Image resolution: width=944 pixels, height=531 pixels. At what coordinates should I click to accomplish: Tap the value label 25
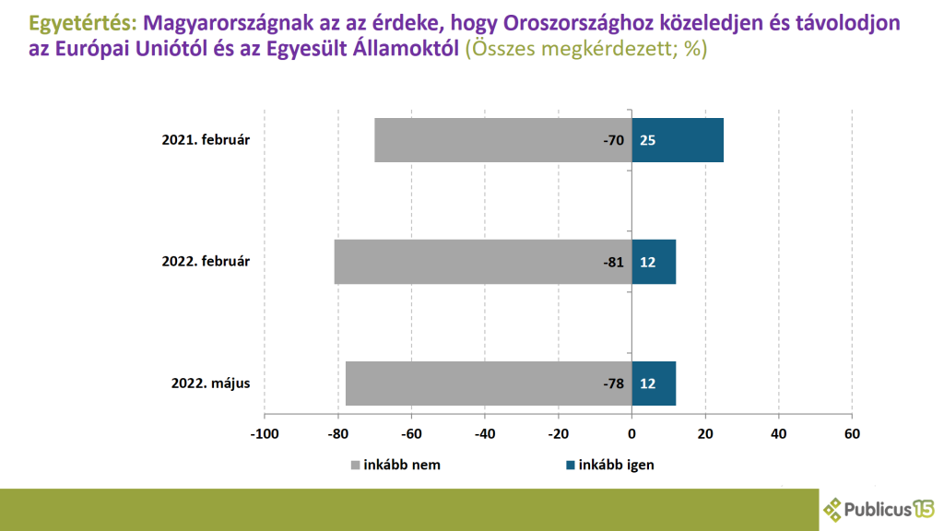tap(647, 141)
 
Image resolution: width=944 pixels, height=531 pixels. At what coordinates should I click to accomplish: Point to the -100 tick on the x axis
tap(265, 432)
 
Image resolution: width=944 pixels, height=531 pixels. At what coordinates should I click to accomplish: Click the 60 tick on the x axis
tap(853, 432)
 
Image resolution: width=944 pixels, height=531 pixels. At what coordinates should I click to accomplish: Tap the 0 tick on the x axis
tap(631, 432)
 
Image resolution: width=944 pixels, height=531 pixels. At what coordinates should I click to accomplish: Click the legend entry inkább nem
tap(395, 465)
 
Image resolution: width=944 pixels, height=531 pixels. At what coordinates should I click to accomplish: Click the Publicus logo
tap(879, 508)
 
